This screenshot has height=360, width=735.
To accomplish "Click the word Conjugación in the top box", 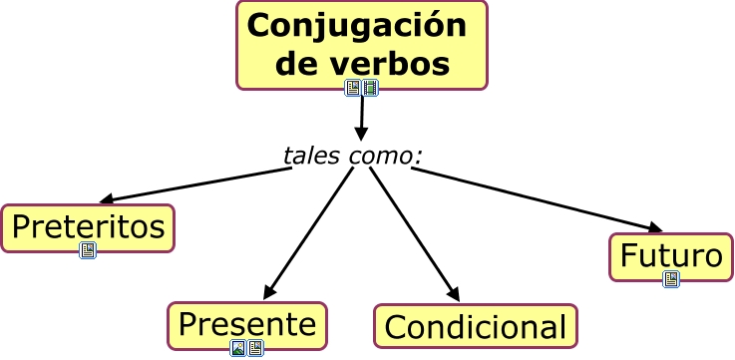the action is pyautogui.click(x=356, y=26).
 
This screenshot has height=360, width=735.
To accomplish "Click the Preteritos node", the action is pyautogui.click(x=88, y=226).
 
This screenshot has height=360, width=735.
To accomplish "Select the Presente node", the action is pyautogui.click(x=246, y=323).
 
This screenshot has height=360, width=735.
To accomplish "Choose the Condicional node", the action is pyautogui.click(x=475, y=326).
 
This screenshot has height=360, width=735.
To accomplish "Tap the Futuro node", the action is pyautogui.click(x=670, y=256).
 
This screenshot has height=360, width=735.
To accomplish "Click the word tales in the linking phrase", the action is pyautogui.click(x=312, y=156).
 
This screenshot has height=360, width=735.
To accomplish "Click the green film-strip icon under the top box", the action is pyautogui.click(x=370, y=88).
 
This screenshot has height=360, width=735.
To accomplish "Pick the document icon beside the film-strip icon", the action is pyautogui.click(x=353, y=88).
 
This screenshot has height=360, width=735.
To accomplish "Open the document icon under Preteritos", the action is pyautogui.click(x=88, y=250).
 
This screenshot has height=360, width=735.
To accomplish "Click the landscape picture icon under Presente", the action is pyautogui.click(x=238, y=347).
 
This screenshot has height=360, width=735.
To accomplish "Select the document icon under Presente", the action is pyautogui.click(x=255, y=347).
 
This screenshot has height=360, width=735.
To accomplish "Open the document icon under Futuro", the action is pyautogui.click(x=670, y=280).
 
